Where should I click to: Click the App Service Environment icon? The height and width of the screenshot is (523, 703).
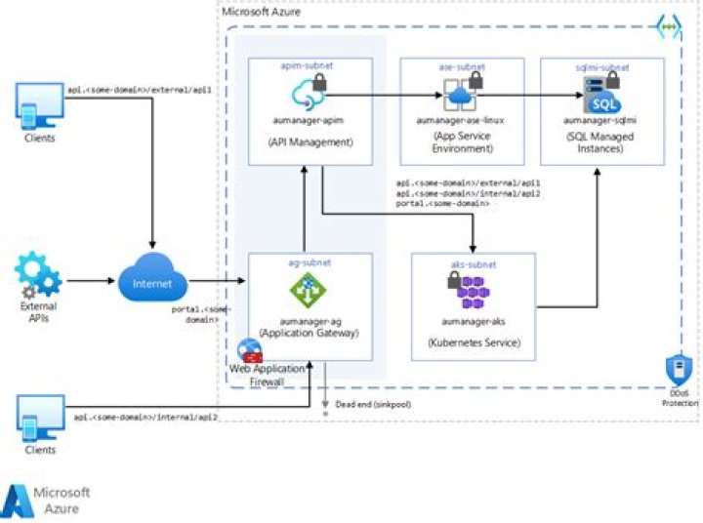[460, 96]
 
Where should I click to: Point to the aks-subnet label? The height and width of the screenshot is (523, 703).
[474, 263]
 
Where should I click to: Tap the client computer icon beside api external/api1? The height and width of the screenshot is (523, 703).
[40, 104]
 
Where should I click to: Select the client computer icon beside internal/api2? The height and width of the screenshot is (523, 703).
[40, 417]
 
